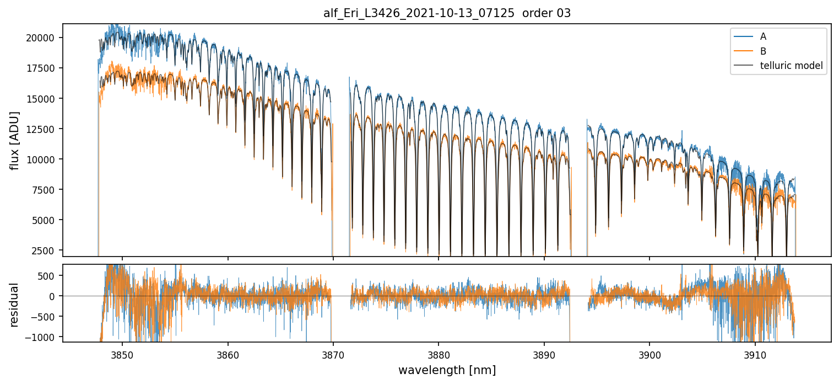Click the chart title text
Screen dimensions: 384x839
[x=447, y=13]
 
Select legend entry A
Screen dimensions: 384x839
[x=763, y=36]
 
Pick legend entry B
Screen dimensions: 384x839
[x=763, y=51]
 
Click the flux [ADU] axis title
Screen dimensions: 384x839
[x=14, y=140]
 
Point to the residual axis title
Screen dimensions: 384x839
[x=14, y=305]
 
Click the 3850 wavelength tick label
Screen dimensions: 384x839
[x=122, y=353]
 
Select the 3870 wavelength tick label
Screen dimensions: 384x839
[x=333, y=353]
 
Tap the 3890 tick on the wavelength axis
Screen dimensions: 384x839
[x=544, y=353]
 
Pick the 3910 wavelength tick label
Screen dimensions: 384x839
[x=755, y=353]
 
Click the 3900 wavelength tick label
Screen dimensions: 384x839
[x=649, y=353]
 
